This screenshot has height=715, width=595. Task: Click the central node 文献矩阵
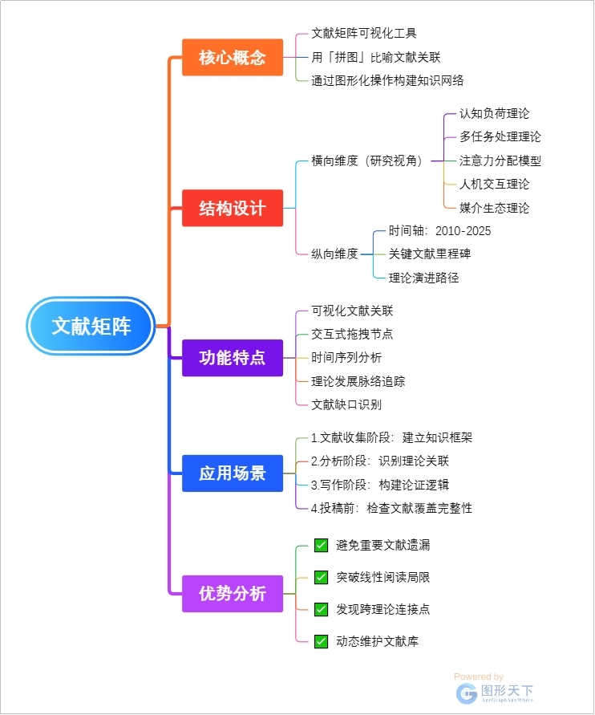click(91, 327)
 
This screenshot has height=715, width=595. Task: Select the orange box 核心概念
click(233, 58)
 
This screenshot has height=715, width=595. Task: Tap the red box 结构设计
click(233, 208)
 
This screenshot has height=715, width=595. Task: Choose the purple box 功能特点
click(233, 357)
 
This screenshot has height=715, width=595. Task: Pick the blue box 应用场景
click(233, 473)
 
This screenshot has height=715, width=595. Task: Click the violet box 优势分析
click(233, 594)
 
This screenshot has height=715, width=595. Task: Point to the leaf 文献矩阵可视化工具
click(364, 34)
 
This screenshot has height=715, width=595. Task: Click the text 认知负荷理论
click(494, 113)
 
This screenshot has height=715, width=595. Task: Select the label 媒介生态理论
click(494, 208)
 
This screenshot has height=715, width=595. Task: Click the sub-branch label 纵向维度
click(334, 254)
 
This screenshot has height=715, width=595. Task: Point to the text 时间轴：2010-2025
click(439, 231)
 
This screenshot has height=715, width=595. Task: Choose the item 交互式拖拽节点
click(352, 334)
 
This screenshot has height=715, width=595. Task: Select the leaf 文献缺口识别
click(346, 404)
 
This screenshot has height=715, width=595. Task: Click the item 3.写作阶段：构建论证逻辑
click(380, 485)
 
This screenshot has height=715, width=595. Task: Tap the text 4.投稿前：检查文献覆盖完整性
click(391, 508)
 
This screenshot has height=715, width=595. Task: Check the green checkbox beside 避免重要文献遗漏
click(321, 546)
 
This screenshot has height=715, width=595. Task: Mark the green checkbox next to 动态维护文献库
click(321, 641)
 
